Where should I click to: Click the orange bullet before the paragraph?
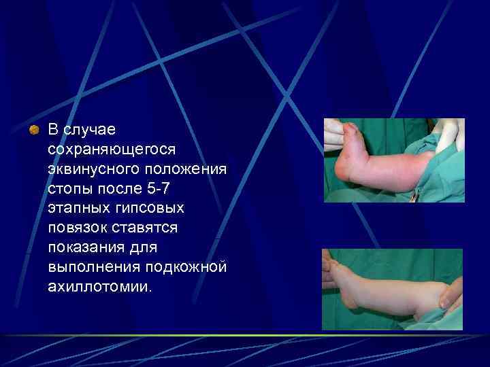click(x=33, y=128)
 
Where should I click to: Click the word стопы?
click(x=68, y=186)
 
